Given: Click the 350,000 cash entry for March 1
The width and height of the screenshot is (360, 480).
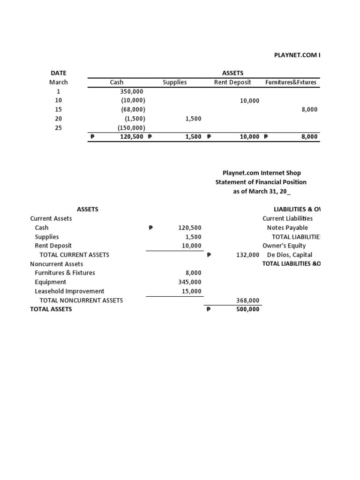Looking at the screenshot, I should (132, 91).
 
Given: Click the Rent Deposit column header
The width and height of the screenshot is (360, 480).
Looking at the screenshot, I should (232, 82).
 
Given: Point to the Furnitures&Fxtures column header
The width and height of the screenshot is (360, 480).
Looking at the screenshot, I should (291, 82).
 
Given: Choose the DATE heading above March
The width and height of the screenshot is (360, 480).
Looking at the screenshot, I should (59, 73).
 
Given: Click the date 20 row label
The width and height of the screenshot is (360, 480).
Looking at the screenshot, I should (59, 119).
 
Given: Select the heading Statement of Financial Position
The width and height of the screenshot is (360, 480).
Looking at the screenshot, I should (261, 182).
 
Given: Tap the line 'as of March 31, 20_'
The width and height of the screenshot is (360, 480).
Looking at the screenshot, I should (261, 191).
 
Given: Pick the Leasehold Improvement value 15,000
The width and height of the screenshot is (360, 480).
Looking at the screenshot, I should (192, 291).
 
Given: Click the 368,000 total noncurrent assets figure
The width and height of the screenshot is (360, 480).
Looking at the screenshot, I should (248, 300).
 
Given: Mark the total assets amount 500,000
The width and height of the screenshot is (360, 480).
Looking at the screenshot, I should (248, 309).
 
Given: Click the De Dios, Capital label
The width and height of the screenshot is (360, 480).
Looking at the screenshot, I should (289, 255).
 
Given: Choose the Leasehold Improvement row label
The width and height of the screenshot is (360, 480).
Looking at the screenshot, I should (69, 291).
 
